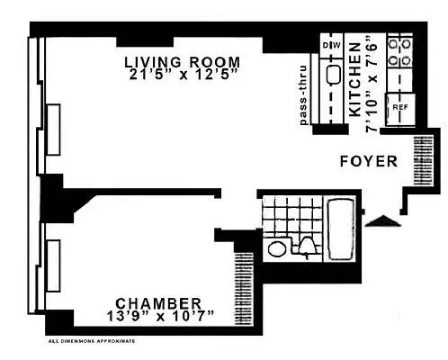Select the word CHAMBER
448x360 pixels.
157,303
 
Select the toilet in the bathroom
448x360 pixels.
307,246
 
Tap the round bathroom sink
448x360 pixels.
277,247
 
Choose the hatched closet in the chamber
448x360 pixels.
242,279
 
